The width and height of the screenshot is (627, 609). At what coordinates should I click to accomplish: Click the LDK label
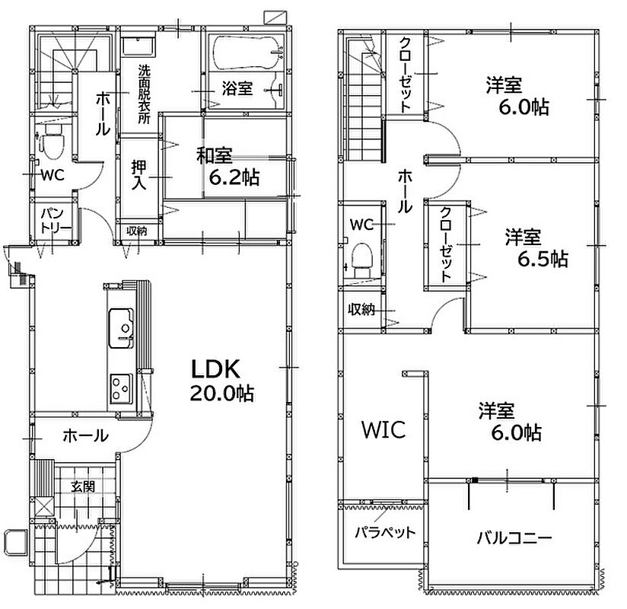[x=215, y=369]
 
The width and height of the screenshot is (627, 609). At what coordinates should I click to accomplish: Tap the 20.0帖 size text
[x=221, y=394]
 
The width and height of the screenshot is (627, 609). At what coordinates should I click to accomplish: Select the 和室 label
[x=215, y=155]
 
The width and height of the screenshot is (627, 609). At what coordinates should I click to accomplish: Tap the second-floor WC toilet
[x=362, y=261]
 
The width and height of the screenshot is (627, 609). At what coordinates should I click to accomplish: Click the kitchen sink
[x=121, y=328]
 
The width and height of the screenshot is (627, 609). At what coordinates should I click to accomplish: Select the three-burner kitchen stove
[x=121, y=388]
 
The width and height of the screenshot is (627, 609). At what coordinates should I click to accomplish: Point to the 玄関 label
[x=83, y=486]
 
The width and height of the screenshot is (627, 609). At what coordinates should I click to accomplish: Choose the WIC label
[x=384, y=429]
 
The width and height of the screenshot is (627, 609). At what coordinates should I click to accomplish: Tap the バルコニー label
[x=514, y=537]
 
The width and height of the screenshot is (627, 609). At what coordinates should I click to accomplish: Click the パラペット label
[x=386, y=532]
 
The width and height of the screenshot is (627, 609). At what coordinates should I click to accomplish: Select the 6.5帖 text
[x=543, y=259]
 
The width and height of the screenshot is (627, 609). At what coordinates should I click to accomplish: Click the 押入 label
[x=138, y=175]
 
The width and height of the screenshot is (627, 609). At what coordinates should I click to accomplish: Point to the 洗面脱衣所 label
[x=144, y=94]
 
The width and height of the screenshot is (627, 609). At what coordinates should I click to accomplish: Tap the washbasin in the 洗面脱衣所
[x=138, y=46]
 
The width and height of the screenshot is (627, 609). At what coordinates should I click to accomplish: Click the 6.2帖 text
[x=234, y=177]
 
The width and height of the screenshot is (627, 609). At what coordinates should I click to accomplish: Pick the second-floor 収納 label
[x=361, y=309]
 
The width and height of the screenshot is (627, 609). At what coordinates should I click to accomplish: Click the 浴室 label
[x=237, y=88]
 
